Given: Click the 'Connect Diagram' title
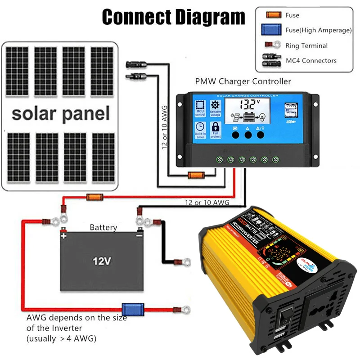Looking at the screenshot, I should pos(173,17).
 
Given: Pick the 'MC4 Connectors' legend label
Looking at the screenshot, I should pos(311,60).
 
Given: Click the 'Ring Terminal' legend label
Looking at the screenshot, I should pos(306,45).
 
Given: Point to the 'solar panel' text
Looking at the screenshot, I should pos(61,113).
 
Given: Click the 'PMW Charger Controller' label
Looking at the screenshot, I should pos(243,81).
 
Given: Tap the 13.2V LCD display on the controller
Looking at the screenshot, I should pos(247,105).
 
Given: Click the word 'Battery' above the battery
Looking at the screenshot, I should pos(103,228).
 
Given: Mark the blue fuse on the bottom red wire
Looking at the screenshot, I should pos(134,310).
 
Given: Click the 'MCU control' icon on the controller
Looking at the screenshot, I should pos(200,108).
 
